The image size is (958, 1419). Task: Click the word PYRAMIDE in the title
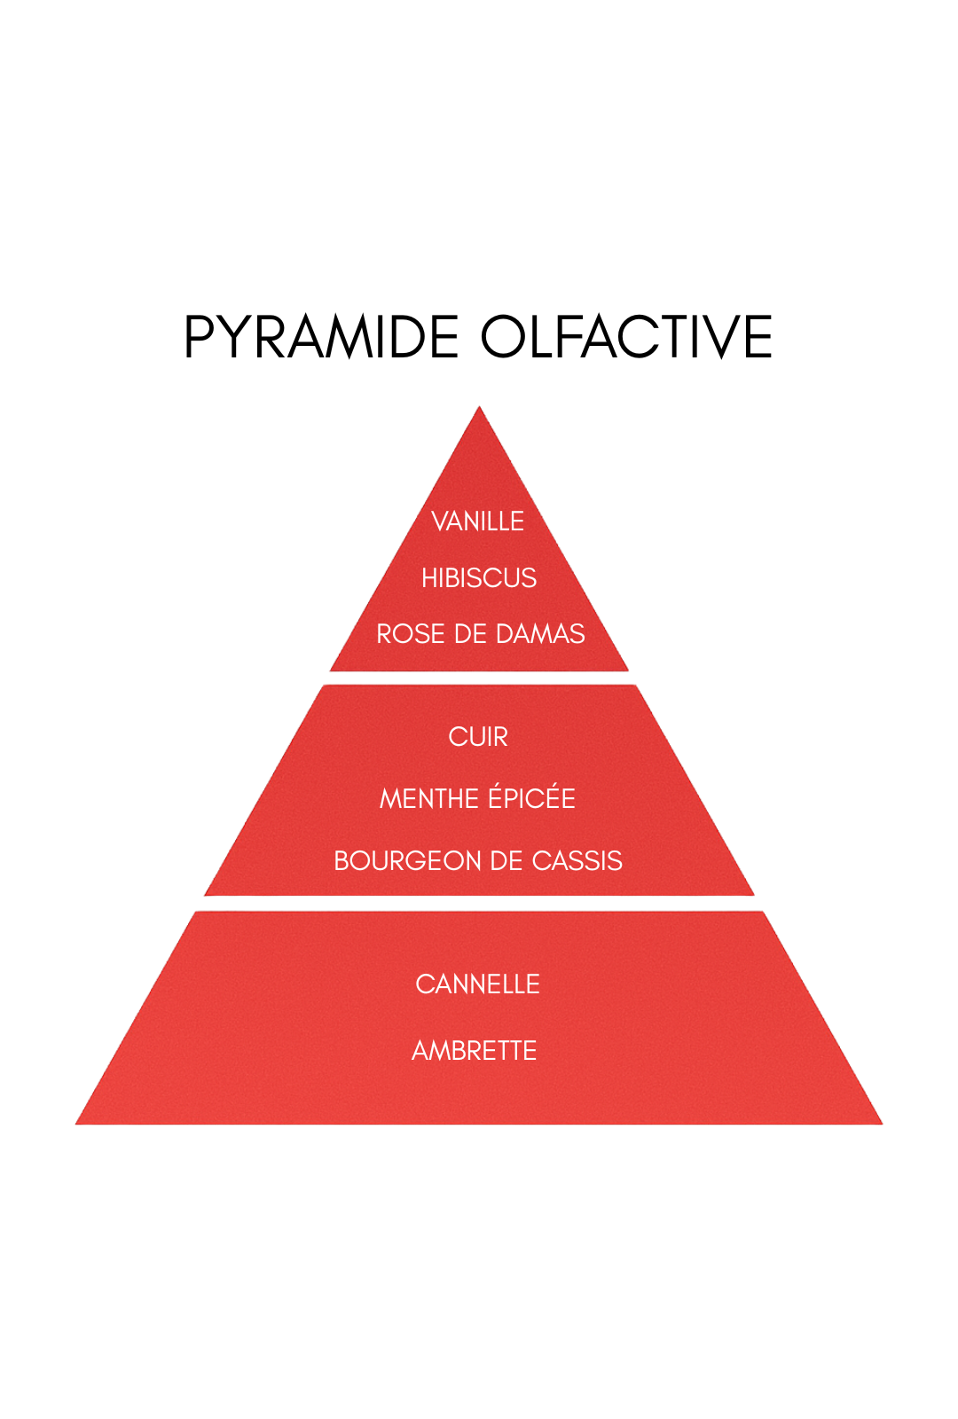click(x=321, y=337)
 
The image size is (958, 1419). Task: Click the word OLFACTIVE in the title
click(x=626, y=337)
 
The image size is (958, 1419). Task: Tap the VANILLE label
click(x=477, y=521)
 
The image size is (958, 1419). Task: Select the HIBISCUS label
click(x=479, y=578)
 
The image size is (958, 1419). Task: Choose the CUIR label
click(x=478, y=737)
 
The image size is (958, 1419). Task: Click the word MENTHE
click(x=429, y=799)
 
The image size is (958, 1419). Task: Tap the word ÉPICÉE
click(x=532, y=799)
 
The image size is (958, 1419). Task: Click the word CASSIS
click(x=577, y=861)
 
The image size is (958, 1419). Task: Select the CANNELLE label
click(x=477, y=984)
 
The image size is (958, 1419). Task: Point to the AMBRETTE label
click(x=475, y=1051)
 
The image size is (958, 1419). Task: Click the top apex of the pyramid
click(x=480, y=410)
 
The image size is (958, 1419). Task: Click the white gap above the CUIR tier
click(x=479, y=678)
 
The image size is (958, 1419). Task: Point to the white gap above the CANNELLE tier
click(x=479, y=904)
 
